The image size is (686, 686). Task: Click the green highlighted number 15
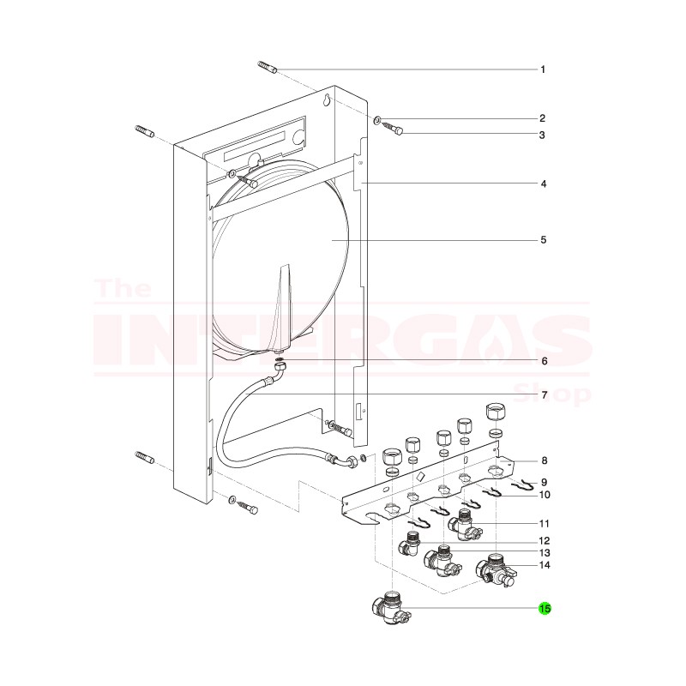[x=545, y=609]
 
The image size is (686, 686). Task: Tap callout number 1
[x=542, y=69]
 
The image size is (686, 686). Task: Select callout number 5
[x=543, y=240]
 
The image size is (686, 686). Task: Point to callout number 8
[x=543, y=460]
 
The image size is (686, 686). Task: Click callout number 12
[x=543, y=540]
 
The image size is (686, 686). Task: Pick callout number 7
[x=543, y=394]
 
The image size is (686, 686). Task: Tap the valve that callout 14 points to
[x=493, y=569]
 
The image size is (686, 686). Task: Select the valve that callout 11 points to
[x=466, y=524]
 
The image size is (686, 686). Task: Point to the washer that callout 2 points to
[x=378, y=119]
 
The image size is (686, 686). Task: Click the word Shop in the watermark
[x=557, y=394]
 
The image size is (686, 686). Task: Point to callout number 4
[x=543, y=184]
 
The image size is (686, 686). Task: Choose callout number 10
[x=543, y=495]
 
